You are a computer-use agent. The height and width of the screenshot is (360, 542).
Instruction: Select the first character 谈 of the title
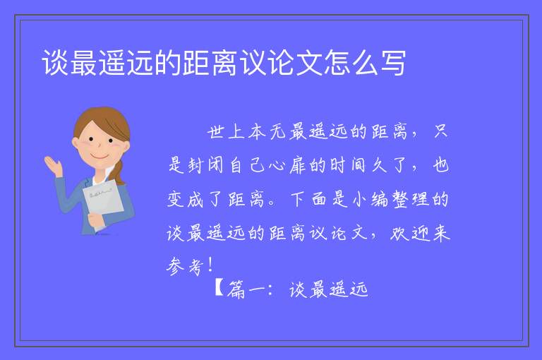tap(54, 63)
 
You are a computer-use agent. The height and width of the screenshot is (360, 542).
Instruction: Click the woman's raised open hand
tap(53, 166)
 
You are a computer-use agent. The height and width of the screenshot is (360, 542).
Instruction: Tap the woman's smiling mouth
tap(100, 156)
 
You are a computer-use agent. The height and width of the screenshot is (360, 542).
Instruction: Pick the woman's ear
tap(76, 143)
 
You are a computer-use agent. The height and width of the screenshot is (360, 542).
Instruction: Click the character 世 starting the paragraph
tap(216, 132)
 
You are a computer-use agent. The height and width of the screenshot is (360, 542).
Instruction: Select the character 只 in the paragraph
tap(441, 131)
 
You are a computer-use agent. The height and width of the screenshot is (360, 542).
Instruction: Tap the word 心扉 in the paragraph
tap(288, 165)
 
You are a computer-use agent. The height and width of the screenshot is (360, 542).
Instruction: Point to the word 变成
tap(186, 199)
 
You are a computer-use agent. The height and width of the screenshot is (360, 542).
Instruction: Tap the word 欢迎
tap(409, 233)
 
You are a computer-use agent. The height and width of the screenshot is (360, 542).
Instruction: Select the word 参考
tap(185, 266)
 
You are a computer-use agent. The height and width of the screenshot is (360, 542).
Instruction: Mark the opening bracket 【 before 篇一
tap(219, 288)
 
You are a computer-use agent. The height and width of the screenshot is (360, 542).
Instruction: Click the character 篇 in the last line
tap(236, 289)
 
